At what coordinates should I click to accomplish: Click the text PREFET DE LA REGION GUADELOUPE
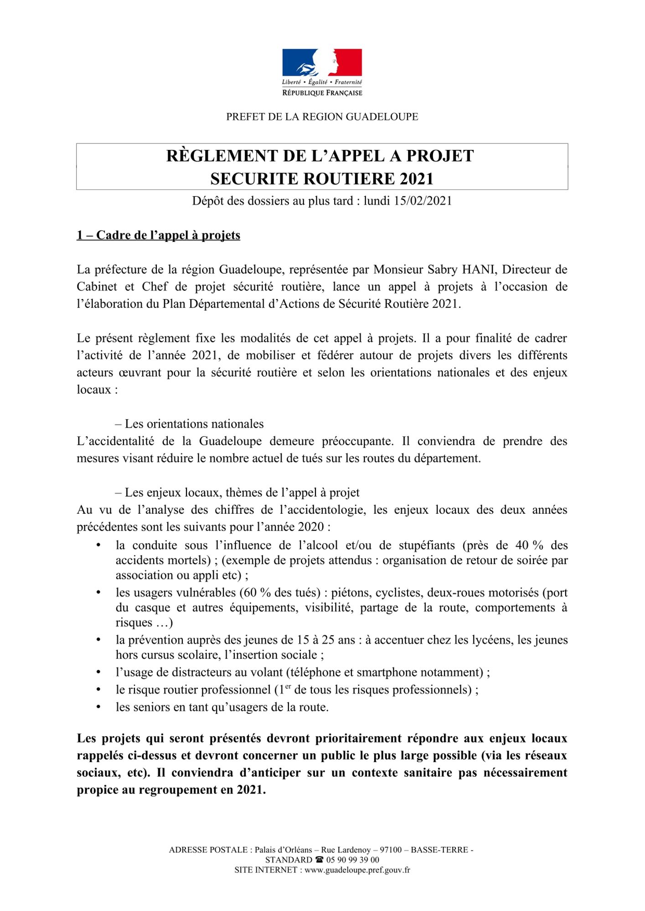(x=322, y=117)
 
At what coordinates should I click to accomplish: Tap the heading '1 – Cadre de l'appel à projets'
(x=158, y=235)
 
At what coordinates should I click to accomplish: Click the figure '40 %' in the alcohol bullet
(x=529, y=545)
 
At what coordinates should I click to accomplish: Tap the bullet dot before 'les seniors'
(x=98, y=707)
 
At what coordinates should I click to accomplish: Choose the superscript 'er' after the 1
(x=288, y=686)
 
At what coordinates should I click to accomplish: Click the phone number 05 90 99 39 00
(x=352, y=860)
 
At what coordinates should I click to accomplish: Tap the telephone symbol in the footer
(x=319, y=860)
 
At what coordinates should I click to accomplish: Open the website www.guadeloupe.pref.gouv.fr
(x=357, y=870)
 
